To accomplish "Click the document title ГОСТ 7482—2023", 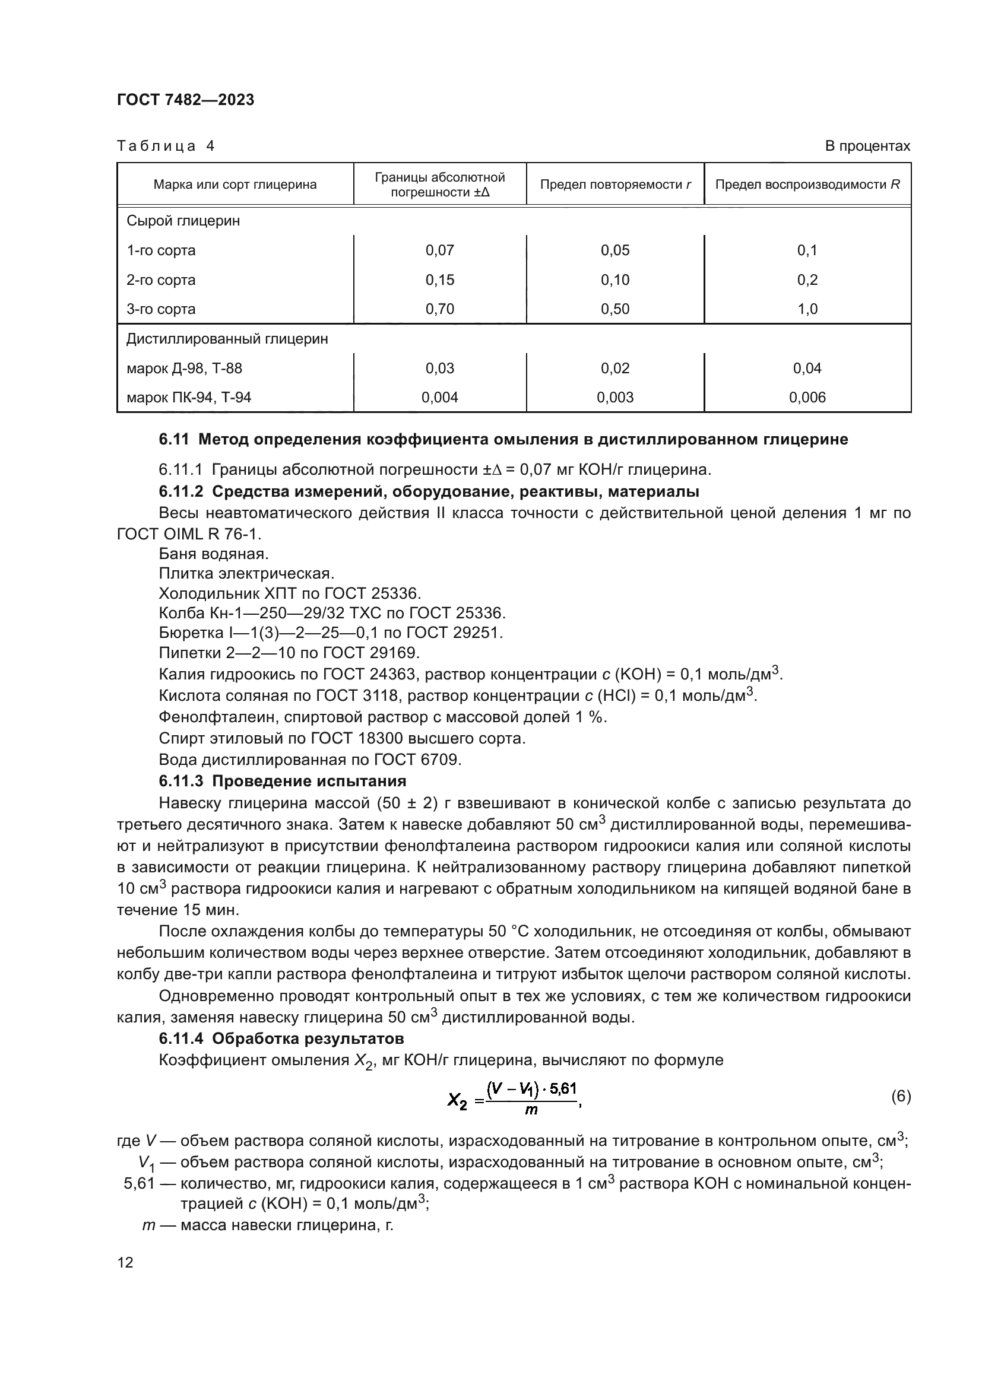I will click(x=185, y=100).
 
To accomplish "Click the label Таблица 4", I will click(x=165, y=147).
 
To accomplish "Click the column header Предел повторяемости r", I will click(x=615, y=185).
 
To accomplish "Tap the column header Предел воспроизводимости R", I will click(x=807, y=185).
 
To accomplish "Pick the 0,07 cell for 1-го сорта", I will click(x=439, y=250).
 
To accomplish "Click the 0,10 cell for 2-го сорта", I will click(x=615, y=280).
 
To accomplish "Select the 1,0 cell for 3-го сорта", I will click(x=807, y=309).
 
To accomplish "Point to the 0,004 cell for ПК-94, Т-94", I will click(x=439, y=397).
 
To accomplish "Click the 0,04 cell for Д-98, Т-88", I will click(x=807, y=368).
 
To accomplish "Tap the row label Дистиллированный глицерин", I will click(x=227, y=338).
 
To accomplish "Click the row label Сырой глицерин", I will click(x=183, y=221).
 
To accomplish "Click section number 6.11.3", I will click(x=183, y=781).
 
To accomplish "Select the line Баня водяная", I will click(x=214, y=554).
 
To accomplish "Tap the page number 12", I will click(x=125, y=1263).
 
